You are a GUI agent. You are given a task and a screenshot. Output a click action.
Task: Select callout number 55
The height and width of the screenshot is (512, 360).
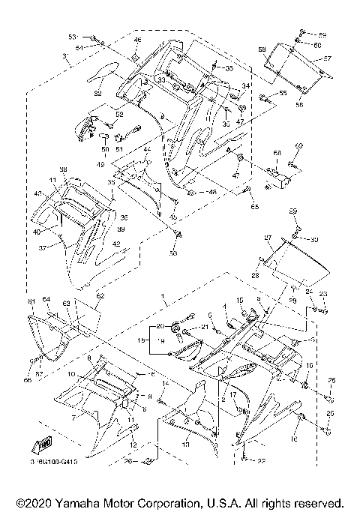click(283, 94)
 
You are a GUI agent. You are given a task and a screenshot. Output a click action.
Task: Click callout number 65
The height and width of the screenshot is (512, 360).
click(253, 205)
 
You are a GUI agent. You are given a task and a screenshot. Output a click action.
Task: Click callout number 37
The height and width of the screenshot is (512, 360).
click(43, 247)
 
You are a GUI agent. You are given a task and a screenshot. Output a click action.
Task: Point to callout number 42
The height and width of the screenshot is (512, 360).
click(116, 244)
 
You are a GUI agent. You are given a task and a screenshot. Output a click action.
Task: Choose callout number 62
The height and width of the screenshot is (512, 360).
click(100, 297)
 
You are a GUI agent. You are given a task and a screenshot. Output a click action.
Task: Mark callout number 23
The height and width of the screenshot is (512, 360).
click(324, 295)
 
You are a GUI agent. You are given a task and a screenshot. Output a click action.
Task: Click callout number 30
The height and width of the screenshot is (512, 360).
click(315, 239)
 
